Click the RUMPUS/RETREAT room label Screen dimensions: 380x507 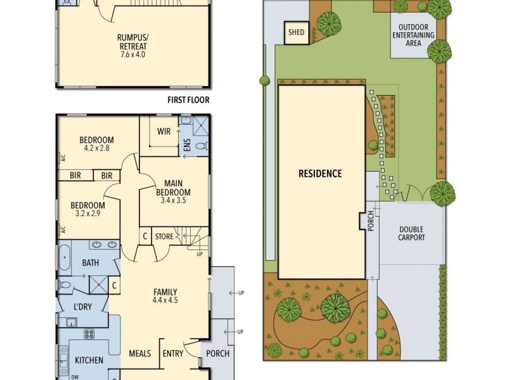pyautogui.click(x=133, y=41)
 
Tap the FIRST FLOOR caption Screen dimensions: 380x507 pyautogui.click(x=188, y=99)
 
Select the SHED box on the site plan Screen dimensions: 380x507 pyautogui.click(x=296, y=32)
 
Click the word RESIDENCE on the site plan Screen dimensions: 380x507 pyautogui.click(x=320, y=174)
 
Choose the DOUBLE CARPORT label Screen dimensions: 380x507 pyautogui.click(x=411, y=234)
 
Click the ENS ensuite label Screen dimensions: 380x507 pyautogui.click(x=187, y=146)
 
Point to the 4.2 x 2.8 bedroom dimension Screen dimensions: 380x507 pyautogui.click(x=96, y=149)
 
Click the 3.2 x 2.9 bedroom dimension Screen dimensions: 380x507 pyautogui.click(x=87, y=214)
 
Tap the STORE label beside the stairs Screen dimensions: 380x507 pyautogui.click(x=164, y=236)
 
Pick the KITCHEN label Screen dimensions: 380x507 pyautogui.click(x=89, y=360)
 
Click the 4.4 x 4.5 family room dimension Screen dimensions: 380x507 pyautogui.click(x=165, y=301)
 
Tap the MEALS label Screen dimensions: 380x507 pyautogui.click(x=139, y=353)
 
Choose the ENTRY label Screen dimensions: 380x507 pyautogui.click(x=172, y=353)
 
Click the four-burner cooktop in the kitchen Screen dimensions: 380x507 pyautogui.click(x=89, y=334)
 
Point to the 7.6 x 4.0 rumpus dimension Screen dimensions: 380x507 pyautogui.click(x=133, y=54)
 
